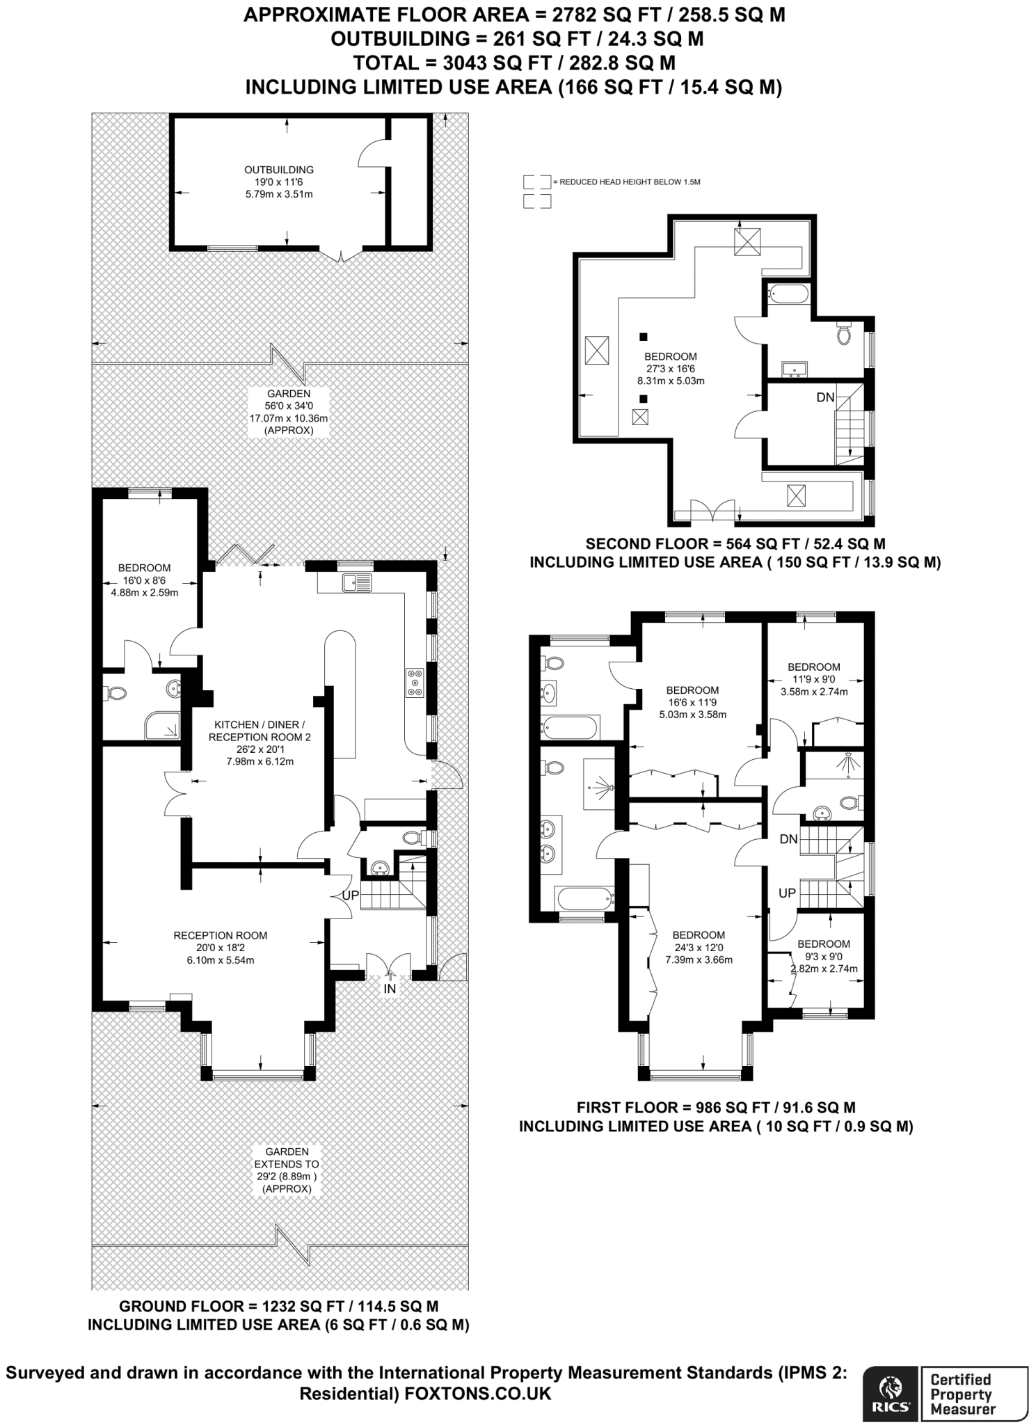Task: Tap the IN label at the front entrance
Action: pyautogui.click(x=390, y=988)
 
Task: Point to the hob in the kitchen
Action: pyautogui.click(x=416, y=682)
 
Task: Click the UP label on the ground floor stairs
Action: pyautogui.click(x=351, y=895)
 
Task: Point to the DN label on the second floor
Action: pyautogui.click(x=825, y=398)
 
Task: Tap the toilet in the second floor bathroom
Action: pyautogui.click(x=844, y=335)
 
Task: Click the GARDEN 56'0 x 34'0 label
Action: pyautogui.click(x=289, y=412)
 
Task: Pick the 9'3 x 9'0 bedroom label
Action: pyautogui.click(x=824, y=956)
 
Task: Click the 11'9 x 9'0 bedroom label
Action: pyautogui.click(x=814, y=679)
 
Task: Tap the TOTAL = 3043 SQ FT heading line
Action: pyautogui.click(x=514, y=63)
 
